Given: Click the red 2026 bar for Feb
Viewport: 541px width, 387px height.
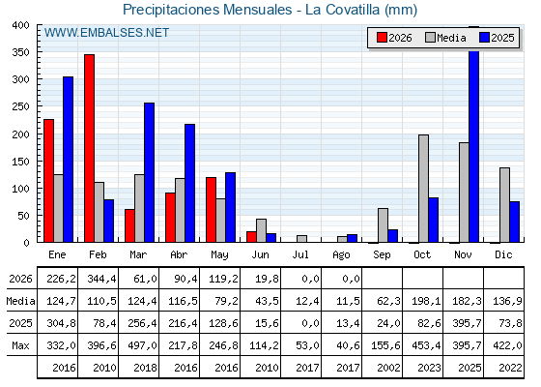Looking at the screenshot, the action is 89,148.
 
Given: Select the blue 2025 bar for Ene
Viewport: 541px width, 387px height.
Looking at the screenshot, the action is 69,160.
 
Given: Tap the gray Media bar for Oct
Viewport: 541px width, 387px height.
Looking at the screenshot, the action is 424,189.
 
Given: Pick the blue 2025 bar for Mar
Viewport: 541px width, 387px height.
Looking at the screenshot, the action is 150,172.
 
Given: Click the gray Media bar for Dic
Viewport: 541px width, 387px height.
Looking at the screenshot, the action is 504,205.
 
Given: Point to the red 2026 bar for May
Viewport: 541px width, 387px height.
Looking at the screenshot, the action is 212,210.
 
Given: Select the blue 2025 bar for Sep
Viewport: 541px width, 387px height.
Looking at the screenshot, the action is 392,236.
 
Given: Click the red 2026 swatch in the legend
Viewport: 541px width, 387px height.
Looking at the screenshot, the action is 382,38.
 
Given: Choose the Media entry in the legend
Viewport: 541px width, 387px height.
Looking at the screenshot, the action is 445,38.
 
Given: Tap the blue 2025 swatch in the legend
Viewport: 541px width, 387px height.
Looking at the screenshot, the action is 484,38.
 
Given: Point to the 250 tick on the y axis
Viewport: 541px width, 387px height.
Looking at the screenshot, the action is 20,106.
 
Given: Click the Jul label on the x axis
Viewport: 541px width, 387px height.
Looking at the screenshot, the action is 300,254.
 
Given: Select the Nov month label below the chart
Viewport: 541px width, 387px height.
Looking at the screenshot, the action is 463,254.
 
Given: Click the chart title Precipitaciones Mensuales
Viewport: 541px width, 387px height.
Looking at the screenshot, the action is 208,10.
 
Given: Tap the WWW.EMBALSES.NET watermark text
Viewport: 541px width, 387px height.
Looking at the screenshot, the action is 106,33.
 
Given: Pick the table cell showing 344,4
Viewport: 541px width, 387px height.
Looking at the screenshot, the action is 99,279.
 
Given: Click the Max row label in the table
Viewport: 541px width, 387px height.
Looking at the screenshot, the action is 20,345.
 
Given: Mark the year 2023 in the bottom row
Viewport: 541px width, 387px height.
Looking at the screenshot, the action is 429,368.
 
